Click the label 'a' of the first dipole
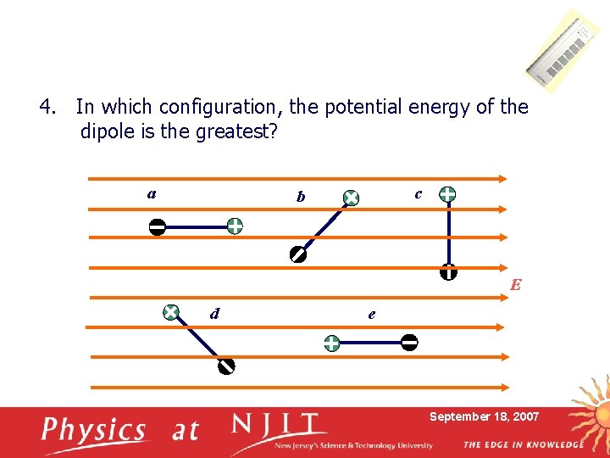pyautogui.click(x=151, y=193)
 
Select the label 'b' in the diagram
pyautogui.click(x=301, y=197)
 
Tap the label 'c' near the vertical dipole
pyautogui.click(x=419, y=193)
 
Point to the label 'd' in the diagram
pyautogui.click(x=215, y=314)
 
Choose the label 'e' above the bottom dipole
pyautogui.click(x=372, y=314)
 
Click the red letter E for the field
pyautogui.click(x=515, y=285)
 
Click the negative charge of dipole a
pyautogui.click(x=157, y=226)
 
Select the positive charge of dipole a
pyautogui.click(x=234, y=226)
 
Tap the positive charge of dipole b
pyautogui.click(x=351, y=198)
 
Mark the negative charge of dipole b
pyautogui.click(x=297, y=254)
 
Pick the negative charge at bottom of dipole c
pyautogui.click(x=448, y=272)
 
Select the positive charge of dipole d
pyautogui.click(x=170, y=312)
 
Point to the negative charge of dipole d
pyautogui.click(x=225, y=366)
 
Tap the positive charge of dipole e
pyautogui.click(x=331, y=343)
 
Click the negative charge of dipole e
pyautogui.click(x=409, y=343)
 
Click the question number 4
pyautogui.click(x=47, y=108)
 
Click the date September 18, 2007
pyautogui.click(x=484, y=416)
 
